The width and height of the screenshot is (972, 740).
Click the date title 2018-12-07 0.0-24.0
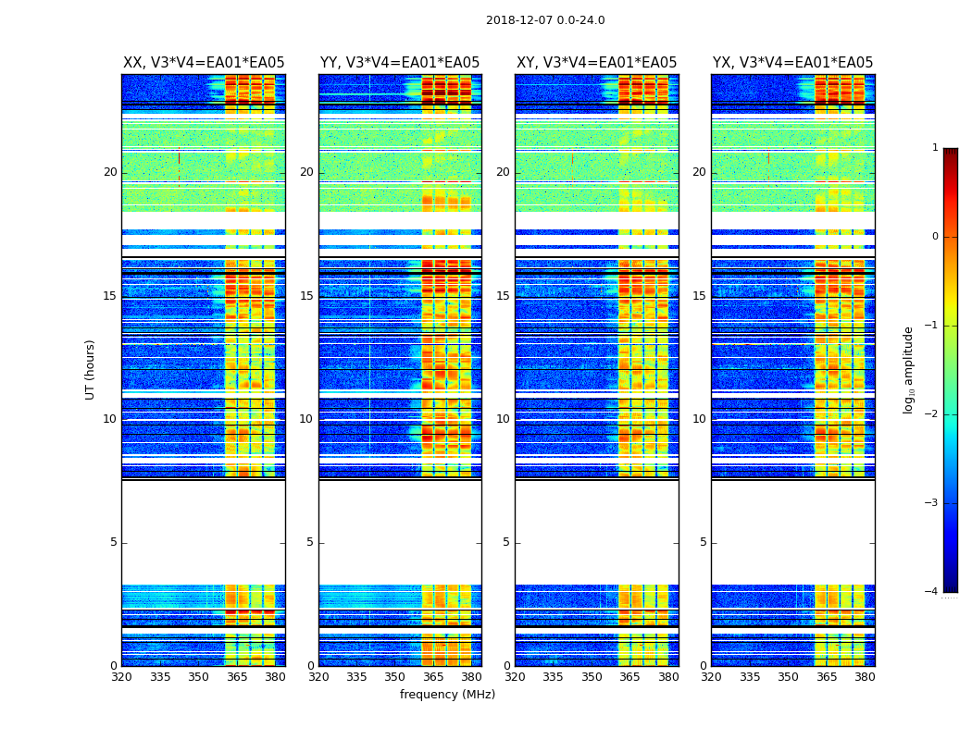[x=545, y=20]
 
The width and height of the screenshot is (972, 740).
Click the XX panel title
[x=204, y=63]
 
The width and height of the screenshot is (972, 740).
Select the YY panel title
[x=400, y=63]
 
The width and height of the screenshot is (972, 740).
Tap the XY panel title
[x=596, y=63]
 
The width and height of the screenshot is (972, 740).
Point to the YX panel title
[x=792, y=63]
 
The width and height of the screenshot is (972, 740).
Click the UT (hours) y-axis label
[x=90, y=369]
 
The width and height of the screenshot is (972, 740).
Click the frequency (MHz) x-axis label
[x=447, y=695]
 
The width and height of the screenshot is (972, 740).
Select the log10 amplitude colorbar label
[x=909, y=369]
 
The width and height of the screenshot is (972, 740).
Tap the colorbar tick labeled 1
[x=935, y=148]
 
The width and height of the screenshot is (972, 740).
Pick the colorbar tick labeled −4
[x=933, y=592]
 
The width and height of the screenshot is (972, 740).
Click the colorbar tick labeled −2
[x=933, y=414]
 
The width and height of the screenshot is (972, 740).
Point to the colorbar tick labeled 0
[x=935, y=237]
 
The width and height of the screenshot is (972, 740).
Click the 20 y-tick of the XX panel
[x=110, y=172]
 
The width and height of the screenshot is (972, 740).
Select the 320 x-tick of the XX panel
[x=121, y=678]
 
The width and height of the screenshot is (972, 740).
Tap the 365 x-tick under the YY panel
[x=433, y=678]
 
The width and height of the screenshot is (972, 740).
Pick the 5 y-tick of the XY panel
[x=506, y=542]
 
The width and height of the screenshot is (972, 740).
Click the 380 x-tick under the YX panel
[x=865, y=678]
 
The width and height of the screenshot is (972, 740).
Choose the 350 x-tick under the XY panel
[x=592, y=678]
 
